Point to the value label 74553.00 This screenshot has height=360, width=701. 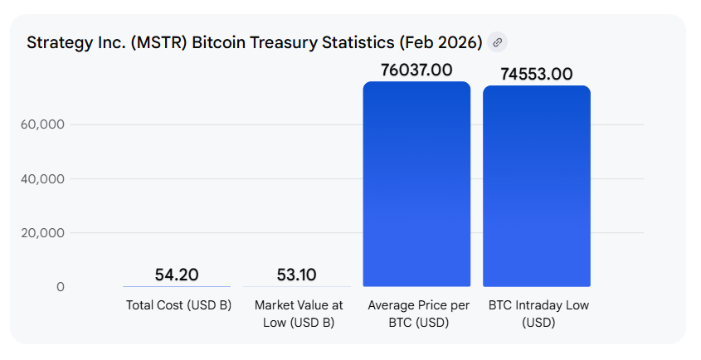(537, 75)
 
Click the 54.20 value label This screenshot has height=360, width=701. (177, 275)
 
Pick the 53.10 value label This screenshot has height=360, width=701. (295, 275)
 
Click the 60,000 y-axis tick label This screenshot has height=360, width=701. (41, 124)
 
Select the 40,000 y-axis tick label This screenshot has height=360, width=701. (41, 178)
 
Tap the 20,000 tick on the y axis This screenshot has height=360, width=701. (41, 233)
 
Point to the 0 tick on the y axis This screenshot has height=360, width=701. (60, 287)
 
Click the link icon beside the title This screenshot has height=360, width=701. (497, 42)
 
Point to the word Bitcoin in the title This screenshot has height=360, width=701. (218, 42)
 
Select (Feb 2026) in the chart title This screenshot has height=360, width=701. (440, 42)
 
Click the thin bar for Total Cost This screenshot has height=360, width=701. (177, 286)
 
